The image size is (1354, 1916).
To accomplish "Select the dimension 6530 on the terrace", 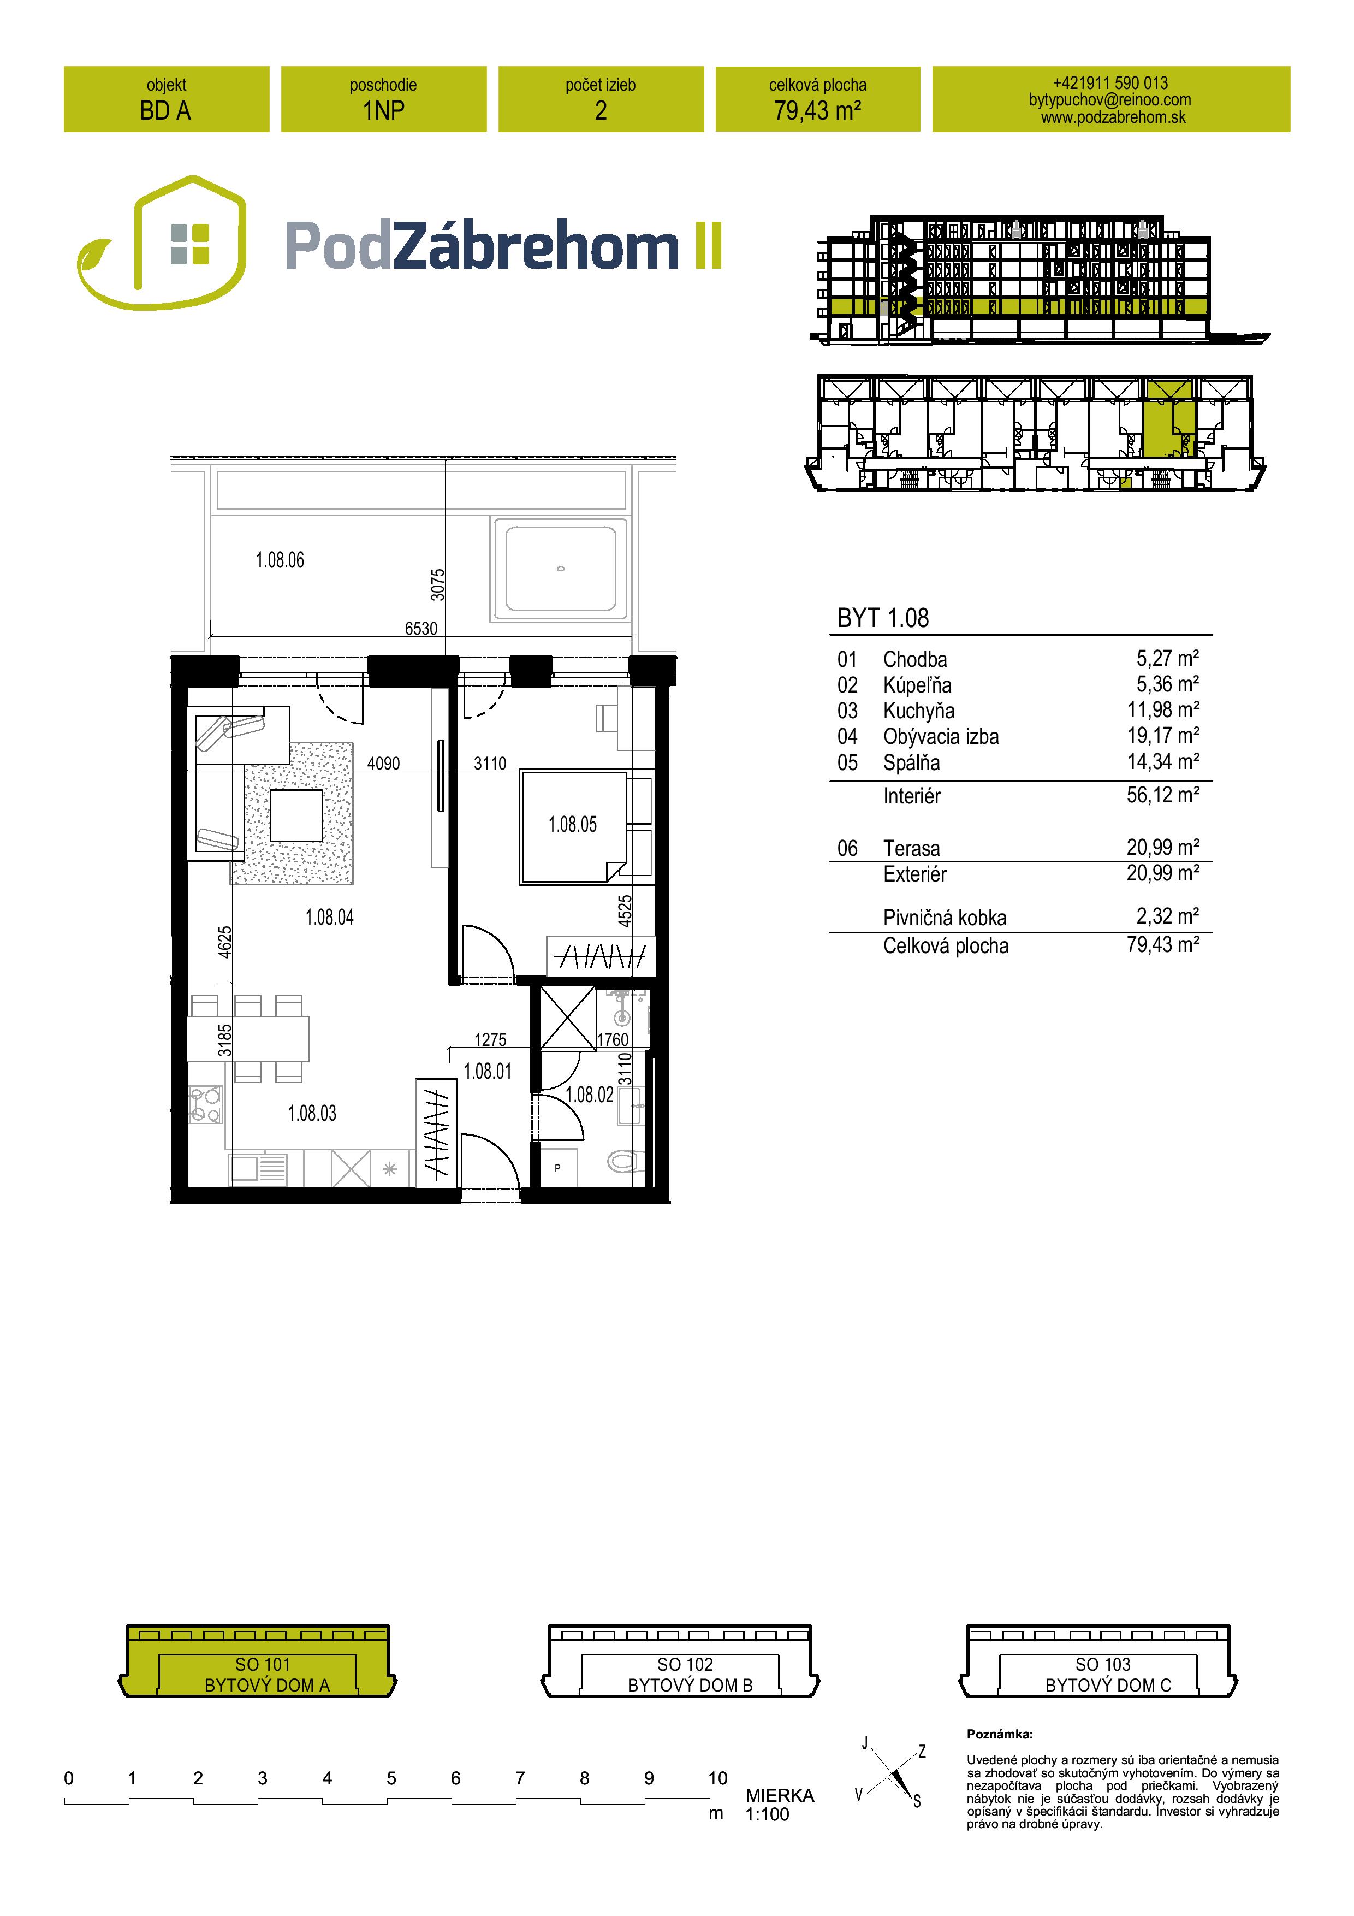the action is (x=421, y=628).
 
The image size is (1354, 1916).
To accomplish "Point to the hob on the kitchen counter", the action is (x=205, y=1104).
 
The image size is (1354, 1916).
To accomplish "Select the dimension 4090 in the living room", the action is (x=384, y=764).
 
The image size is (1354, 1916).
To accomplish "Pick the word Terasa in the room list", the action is (x=911, y=849).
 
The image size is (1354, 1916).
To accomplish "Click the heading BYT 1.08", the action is (x=883, y=618).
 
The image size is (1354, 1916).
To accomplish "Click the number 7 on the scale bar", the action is (x=520, y=1778).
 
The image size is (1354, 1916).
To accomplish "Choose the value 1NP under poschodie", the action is (x=384, y=110).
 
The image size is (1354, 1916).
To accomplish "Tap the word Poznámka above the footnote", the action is (x=1000, y=1734).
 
